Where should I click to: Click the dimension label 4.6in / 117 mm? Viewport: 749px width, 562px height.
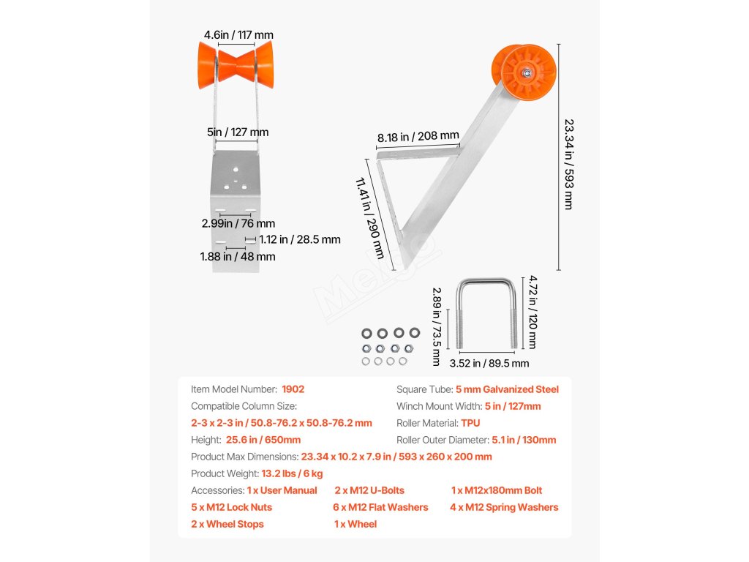238,34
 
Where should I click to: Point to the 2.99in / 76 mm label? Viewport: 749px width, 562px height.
238,223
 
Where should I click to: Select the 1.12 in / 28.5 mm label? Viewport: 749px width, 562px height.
299,239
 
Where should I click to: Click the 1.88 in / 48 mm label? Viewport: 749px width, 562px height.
238,257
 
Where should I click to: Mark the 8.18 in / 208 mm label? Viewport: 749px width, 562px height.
418,135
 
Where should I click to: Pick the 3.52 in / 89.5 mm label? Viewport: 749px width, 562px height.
489,363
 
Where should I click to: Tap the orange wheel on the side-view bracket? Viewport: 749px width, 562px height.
524,71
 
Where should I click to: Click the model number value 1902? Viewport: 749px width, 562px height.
293,389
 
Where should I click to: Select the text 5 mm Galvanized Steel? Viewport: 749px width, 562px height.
507,389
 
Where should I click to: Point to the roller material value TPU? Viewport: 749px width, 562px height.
470,423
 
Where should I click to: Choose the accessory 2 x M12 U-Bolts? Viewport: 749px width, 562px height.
369,490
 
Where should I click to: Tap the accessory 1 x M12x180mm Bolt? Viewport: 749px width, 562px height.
497,490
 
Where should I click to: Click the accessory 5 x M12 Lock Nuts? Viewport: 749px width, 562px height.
231,507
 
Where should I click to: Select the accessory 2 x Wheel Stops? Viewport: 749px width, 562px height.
227,524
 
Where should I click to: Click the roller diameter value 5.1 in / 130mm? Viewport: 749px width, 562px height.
524,440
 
